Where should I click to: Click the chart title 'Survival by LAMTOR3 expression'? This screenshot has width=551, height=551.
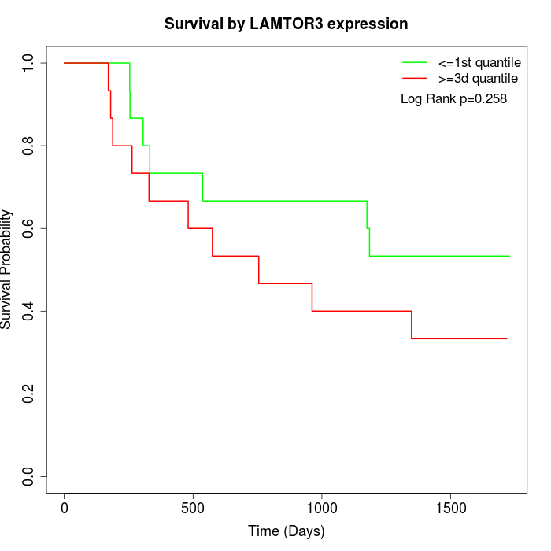tap(286, 24)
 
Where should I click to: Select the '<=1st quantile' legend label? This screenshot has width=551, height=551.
tap(479, 61)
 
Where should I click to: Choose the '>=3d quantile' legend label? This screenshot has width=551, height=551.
tap(479, 78)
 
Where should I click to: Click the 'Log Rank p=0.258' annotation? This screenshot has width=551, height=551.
tap(453, 99)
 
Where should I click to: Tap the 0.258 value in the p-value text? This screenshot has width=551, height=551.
tap(489, 99)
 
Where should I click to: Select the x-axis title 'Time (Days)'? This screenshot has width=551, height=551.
tap(286, 531)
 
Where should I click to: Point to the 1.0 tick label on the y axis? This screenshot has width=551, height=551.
tap(29, 63)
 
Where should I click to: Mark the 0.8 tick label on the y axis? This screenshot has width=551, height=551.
tap(29, 146)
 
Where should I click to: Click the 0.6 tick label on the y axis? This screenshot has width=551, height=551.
tap(29, 228)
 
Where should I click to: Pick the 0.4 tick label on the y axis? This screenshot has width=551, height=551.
tap(29, 311)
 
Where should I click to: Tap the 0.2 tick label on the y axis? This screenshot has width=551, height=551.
tap(29, 394)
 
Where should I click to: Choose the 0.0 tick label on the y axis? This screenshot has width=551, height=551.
tap(29, 476)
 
